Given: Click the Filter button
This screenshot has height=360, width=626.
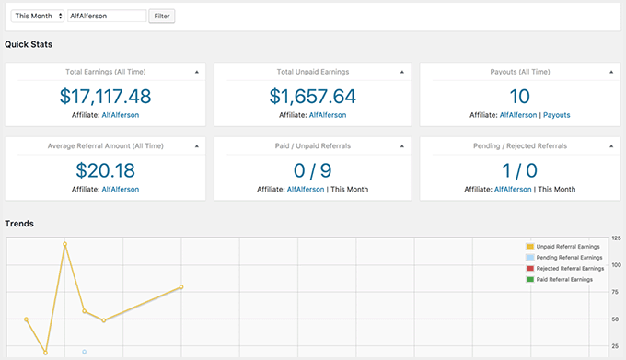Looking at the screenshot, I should click(x=162, y=16).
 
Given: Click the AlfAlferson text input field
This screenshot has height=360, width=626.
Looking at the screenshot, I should click(x=106, y=16).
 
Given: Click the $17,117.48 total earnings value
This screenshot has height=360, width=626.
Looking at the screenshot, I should click(x=105, y=96).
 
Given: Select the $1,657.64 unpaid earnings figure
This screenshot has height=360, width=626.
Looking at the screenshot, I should click(x=312, y=96).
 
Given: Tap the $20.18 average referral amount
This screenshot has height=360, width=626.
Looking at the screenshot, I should click(x=105, y=169).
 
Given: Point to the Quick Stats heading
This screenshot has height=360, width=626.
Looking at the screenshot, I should click(x=29, y=44).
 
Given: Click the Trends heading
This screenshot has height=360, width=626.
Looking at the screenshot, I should click(x=19, y=224).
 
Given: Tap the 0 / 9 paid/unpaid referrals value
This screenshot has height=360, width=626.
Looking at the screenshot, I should click(x=312, y=169).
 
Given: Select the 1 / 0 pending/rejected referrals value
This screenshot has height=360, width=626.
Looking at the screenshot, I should click(x=520, y=169).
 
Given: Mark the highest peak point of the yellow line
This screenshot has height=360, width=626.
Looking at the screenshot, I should click(x=64, y=244).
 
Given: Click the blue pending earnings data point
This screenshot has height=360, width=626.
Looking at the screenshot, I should click(x=84, y=352).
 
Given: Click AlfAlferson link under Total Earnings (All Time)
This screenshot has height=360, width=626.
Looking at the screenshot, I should click(x=119, y=115).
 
